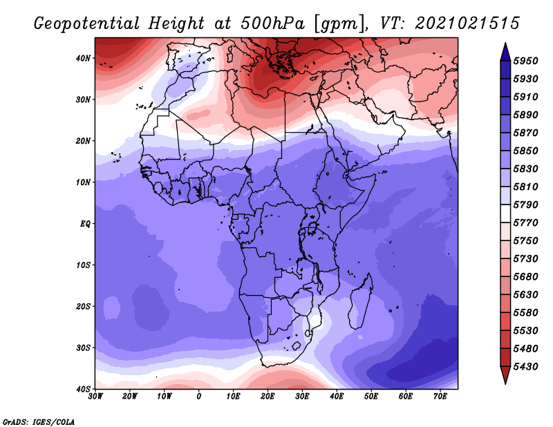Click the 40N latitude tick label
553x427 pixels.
[83, 58]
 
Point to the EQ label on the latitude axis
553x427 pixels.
[85, 224]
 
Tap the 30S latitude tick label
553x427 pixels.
[83, 348]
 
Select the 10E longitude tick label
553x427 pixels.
[233, 397]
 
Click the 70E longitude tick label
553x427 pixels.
[440, 397]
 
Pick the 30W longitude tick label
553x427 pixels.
[95, 397]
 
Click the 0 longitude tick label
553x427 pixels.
[199, 397]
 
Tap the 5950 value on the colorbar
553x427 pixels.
[525, 61]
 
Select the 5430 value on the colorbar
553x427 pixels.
[525, 367]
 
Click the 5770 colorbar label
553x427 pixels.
[525, 223]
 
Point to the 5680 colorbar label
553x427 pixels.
[525, 277]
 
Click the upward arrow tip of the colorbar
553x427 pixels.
[505, 44]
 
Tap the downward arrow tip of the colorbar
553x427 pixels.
[505, 383]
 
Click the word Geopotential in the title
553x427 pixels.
[87, 24]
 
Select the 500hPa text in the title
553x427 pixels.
[272, 23]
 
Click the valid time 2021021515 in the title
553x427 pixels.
[467, 23]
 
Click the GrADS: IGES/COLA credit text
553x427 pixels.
[39, 421]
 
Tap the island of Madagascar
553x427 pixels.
[360, 301]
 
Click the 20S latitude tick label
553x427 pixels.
[83, 307]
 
